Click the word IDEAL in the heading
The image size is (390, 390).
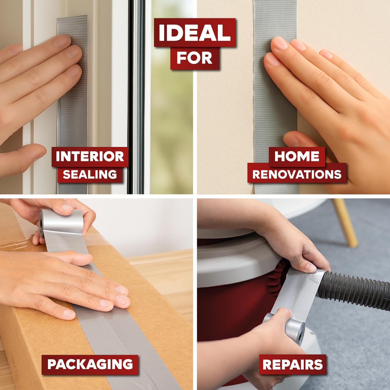(x=194, y=33)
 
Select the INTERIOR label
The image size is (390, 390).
(x=90, y=157)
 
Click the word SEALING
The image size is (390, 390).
(x=90, y=174)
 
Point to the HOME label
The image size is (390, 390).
(x=297, y=156)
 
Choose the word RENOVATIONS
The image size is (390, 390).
(x=297, y=174)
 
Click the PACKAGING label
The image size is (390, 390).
(x=90, y=364)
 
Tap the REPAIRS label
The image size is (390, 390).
(x=293, y=365)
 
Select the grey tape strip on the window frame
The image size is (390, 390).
(x=73, y=104)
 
